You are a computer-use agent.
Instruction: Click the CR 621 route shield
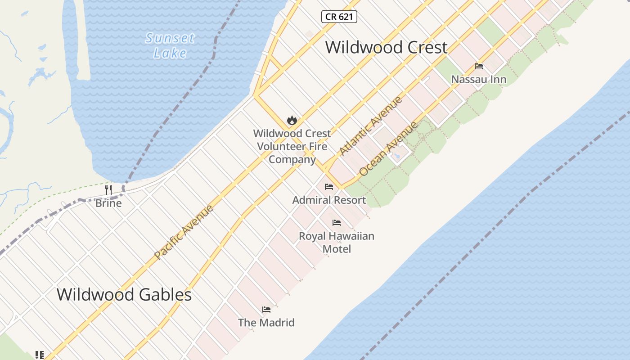point(339,17)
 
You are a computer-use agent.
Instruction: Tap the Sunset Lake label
point(170,45)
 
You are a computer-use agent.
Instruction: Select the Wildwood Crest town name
point(386,47)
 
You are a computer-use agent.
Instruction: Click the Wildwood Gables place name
point(124,295)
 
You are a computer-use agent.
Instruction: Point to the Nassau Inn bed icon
point(479,66)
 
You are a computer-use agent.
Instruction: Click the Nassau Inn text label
point(479,80)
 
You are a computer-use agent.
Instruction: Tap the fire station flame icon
point(292,120)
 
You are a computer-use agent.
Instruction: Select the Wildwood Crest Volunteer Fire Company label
point(292,146)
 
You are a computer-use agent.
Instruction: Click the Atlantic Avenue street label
point(371,126)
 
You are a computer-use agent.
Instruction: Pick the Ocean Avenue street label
point(388,149)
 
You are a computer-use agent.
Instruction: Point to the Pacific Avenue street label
point(184,232)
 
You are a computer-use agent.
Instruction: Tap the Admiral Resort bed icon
point(329,187)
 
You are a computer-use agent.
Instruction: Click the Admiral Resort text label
point(329,200)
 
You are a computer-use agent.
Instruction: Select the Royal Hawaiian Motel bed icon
point(337,223)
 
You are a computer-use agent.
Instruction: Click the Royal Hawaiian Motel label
point(337,242)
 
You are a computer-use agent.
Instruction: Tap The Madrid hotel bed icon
point(266,310)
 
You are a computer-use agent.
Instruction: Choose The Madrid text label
point(266,323)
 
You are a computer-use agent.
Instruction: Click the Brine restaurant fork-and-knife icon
point(108,189)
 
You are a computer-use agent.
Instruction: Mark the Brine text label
point(108,203)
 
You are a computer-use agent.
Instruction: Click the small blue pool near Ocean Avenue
point(396,156)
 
